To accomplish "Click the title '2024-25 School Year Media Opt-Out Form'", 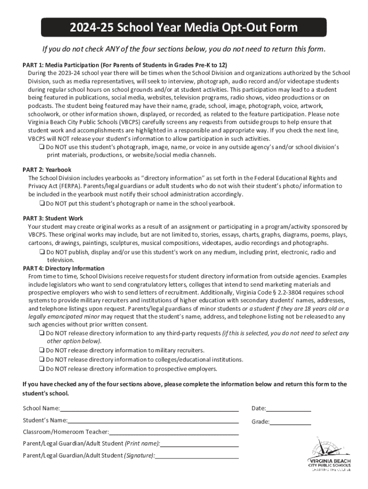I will click(184, 28).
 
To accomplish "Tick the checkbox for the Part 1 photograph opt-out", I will click(42, 147).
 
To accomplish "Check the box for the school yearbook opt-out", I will click(42, 203).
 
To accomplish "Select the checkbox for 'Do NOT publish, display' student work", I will click(42, 252).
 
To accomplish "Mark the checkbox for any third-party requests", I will click(42, 333).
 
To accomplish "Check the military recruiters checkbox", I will click(42, 350).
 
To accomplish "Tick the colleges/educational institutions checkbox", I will click(42, 360).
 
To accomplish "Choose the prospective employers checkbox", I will click(42, 369).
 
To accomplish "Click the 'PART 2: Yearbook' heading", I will click(47, 170).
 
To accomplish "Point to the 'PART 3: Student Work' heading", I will click(53, 218).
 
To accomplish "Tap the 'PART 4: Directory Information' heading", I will click(64, 268).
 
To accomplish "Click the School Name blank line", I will click(149, 409).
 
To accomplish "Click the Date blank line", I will click(289, 409).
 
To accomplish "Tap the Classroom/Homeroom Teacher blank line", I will click(174, 433).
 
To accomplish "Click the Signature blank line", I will click(197, 457).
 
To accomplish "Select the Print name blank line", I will click(199, 445).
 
